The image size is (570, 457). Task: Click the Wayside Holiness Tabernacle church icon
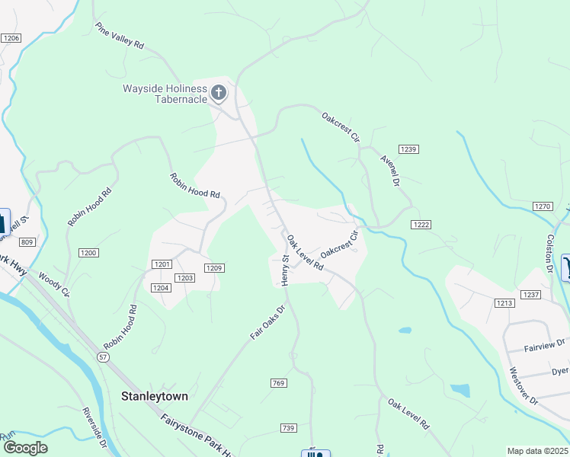pos(219,94)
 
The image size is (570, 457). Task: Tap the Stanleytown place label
pos(155,396)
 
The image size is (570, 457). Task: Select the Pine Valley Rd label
pos(120,36)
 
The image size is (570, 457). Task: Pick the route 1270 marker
pos(543,206)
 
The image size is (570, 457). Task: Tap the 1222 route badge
pos(421,224)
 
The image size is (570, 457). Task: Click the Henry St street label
pos(287,270)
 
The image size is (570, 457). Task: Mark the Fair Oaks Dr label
pos(267,322)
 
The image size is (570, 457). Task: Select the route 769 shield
pos(278,382)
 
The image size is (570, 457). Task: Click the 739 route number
pos(287,428)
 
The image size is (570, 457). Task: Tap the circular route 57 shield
pos(103,356)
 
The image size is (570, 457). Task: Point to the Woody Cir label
pos(54,286)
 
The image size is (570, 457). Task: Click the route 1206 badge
pos(11,38)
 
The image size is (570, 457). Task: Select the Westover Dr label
pos(523,386)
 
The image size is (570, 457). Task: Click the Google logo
pos(25,448)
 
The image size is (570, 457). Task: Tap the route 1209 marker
pos(214,267)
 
